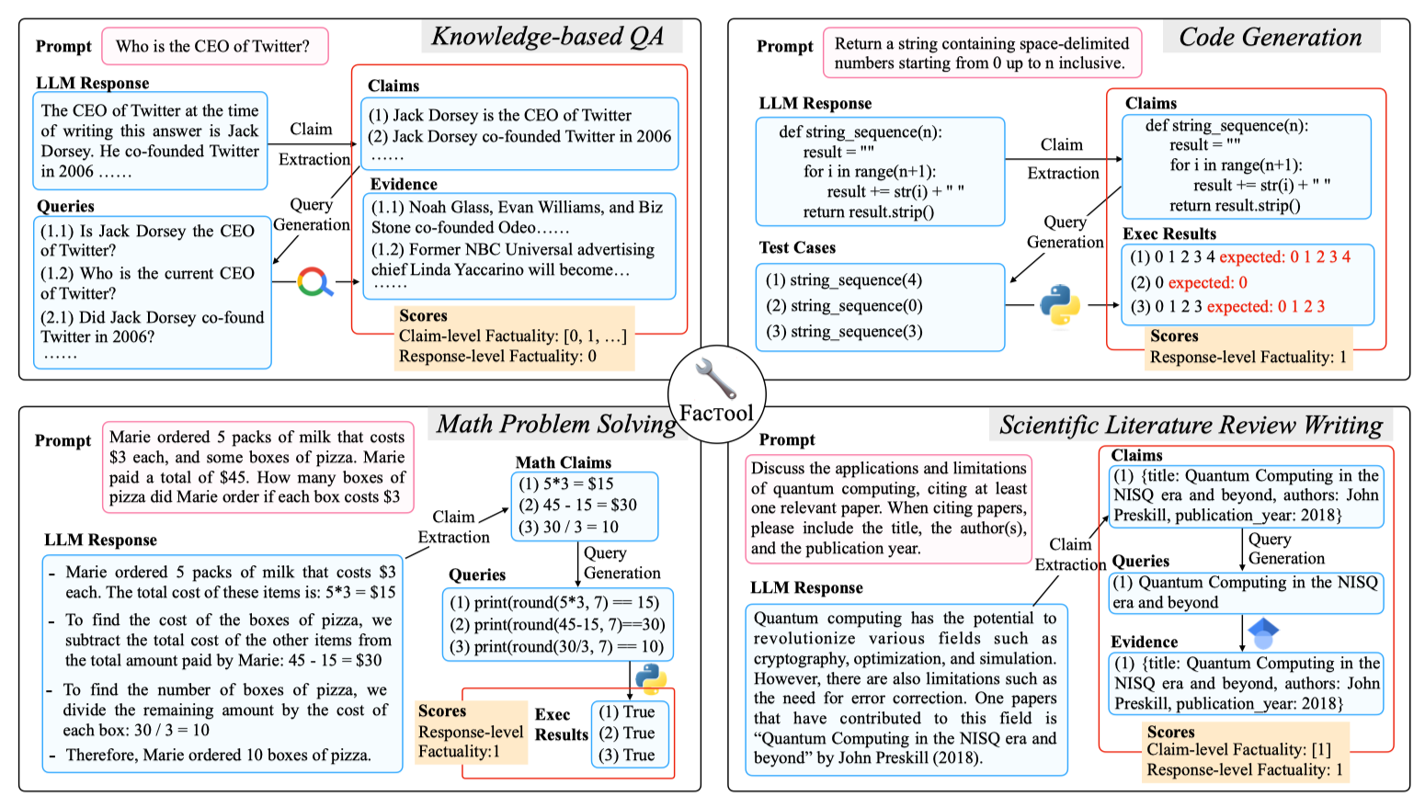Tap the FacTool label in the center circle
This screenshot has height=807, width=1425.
tap(716, 413)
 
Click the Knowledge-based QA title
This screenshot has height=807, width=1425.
tap(548, 36)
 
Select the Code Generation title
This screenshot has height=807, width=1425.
tap(1270, 37)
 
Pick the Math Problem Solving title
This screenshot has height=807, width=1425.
tap(556, 424)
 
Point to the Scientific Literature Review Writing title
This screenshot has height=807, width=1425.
tap(1191, 425)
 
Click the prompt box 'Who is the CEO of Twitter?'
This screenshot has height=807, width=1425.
tap(213, 46)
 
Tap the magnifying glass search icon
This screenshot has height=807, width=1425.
tap(314, 281)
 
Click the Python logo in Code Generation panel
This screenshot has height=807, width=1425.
tap(1060, 305)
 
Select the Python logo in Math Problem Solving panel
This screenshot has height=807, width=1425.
tap(651, 678)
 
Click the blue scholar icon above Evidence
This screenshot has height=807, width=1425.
tap(1264, 631)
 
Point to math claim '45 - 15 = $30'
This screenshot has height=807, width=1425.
tap(577, 505)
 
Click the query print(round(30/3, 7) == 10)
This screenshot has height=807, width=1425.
tap(556, 646)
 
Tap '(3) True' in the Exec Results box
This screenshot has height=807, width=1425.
tap(627, 755)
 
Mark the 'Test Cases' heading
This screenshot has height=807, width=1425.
tap(797, 247)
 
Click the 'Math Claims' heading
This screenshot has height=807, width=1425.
tap(563, 462)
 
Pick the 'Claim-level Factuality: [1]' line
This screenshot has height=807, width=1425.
tap(1238, 749)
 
